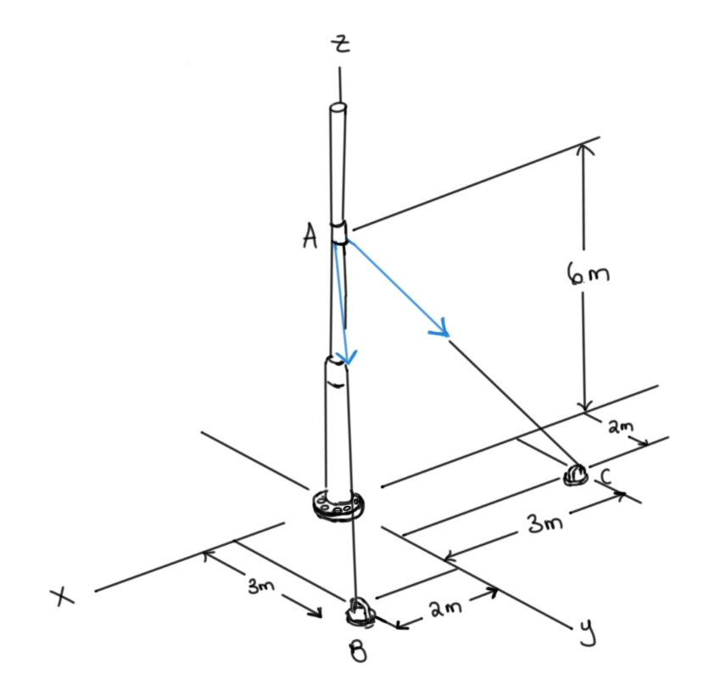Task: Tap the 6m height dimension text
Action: [587, 275]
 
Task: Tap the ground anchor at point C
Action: [576, 473]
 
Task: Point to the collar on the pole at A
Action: [341, 232]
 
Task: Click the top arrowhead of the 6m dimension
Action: [582, 148]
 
